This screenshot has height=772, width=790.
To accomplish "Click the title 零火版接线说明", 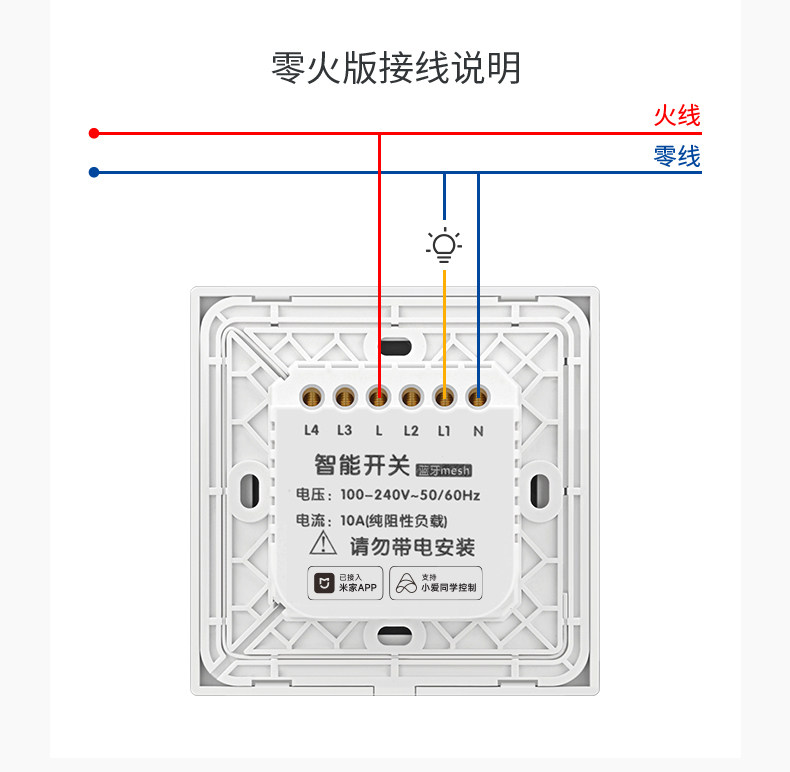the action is pos(396,68).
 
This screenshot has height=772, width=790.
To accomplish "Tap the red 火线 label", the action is pos(677,115).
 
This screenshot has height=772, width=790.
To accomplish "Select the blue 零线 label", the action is pos(677,156).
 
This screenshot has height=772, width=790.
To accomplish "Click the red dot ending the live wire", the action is pos(94,133).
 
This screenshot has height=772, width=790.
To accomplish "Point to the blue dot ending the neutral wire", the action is pos(94,172).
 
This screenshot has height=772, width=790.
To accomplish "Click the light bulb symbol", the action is pos(444,245).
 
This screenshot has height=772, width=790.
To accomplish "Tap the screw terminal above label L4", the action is pos(311,397).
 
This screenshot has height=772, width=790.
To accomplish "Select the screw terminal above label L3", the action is pos(345,397).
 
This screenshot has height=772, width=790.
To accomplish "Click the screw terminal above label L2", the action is pos(411,397).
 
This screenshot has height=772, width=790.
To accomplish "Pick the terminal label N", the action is pos(478,431).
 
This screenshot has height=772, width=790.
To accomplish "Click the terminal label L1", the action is pos(444,431).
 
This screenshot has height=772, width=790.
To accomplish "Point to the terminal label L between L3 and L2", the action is pos(378,431).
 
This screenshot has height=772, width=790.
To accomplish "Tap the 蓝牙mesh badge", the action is pos(444,470).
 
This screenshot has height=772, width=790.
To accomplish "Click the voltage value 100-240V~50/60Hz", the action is pos(410,495).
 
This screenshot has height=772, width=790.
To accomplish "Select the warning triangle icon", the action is pos(323,543).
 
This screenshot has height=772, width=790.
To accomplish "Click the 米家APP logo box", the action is pos(345,583).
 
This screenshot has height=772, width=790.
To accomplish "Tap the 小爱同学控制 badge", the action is pos(436,583).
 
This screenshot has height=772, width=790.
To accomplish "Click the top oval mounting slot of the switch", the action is pos(395,347).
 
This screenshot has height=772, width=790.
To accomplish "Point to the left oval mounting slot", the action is pos(249,489).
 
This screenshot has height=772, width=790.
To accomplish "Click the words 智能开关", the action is pos(362,465).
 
